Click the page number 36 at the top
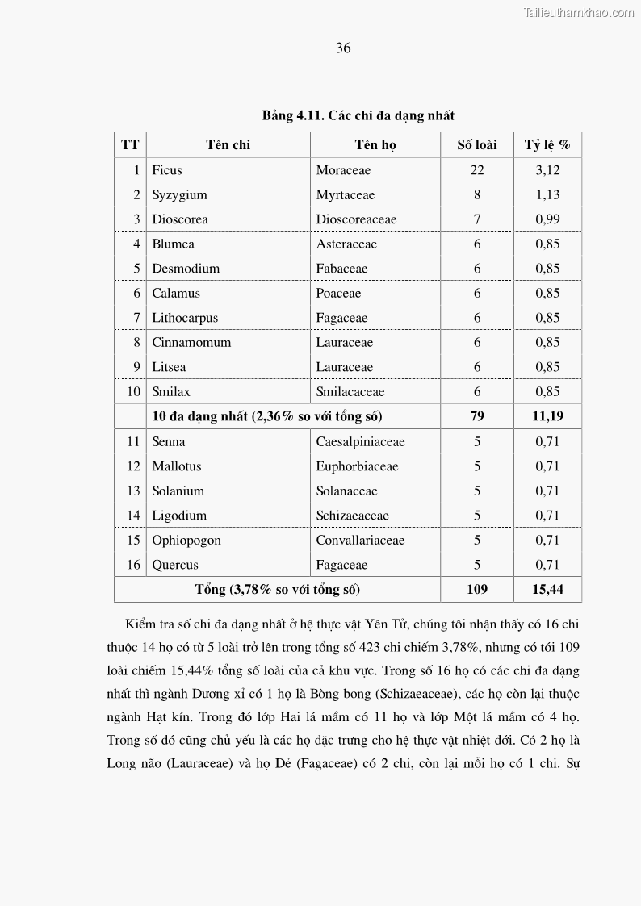pos(343,48)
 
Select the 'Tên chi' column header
pos(228,145)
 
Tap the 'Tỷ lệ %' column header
pos(547,145)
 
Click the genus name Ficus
pos(167,170)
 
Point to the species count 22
pos(477,170)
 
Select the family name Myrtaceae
pos(346,195)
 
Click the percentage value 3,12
pos(547,170)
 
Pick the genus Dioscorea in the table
pos(180,219)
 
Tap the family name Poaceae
pos(338,294)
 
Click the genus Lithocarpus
pos(185,318)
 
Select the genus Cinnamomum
pos(191,343)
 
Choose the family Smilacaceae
pos(350,392)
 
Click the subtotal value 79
pos(477,416)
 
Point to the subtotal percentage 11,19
pos(547,416)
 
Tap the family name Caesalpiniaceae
pos(360,442)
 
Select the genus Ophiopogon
pos(186,541)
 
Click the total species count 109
pos(477,590)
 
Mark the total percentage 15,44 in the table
pos(547,590)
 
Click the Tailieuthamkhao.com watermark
pos(579,12)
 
